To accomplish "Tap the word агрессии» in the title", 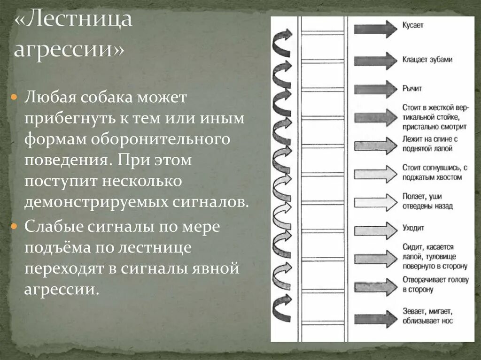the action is tap(69, 49).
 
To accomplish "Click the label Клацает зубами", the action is tap(427, 60).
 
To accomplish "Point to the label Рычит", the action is tap(412, 88).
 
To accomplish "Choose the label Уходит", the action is tap(413, 228).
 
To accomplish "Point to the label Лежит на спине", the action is tap(430, 144).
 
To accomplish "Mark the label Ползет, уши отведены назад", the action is tap(427, 201).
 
